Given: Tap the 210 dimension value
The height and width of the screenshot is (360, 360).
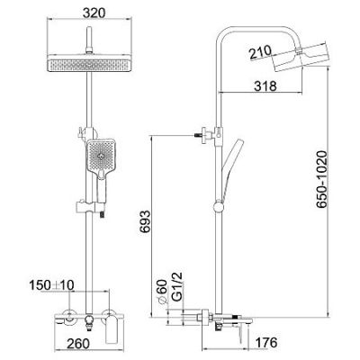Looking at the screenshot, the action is coord(260,52).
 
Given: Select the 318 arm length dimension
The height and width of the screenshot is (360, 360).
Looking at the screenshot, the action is coord(265,86).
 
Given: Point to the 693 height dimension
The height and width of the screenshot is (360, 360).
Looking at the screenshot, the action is coord(145,222).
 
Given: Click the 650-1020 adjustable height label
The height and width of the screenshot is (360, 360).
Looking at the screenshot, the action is coord(322,179).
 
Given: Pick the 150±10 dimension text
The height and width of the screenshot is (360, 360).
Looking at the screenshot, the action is coord(51,284).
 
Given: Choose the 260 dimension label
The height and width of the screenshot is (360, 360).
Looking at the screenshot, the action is coord(77,343).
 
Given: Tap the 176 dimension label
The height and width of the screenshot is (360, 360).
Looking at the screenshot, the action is coord(265,343).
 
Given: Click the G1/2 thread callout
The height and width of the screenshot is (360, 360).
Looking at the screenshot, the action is coord(177,287).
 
